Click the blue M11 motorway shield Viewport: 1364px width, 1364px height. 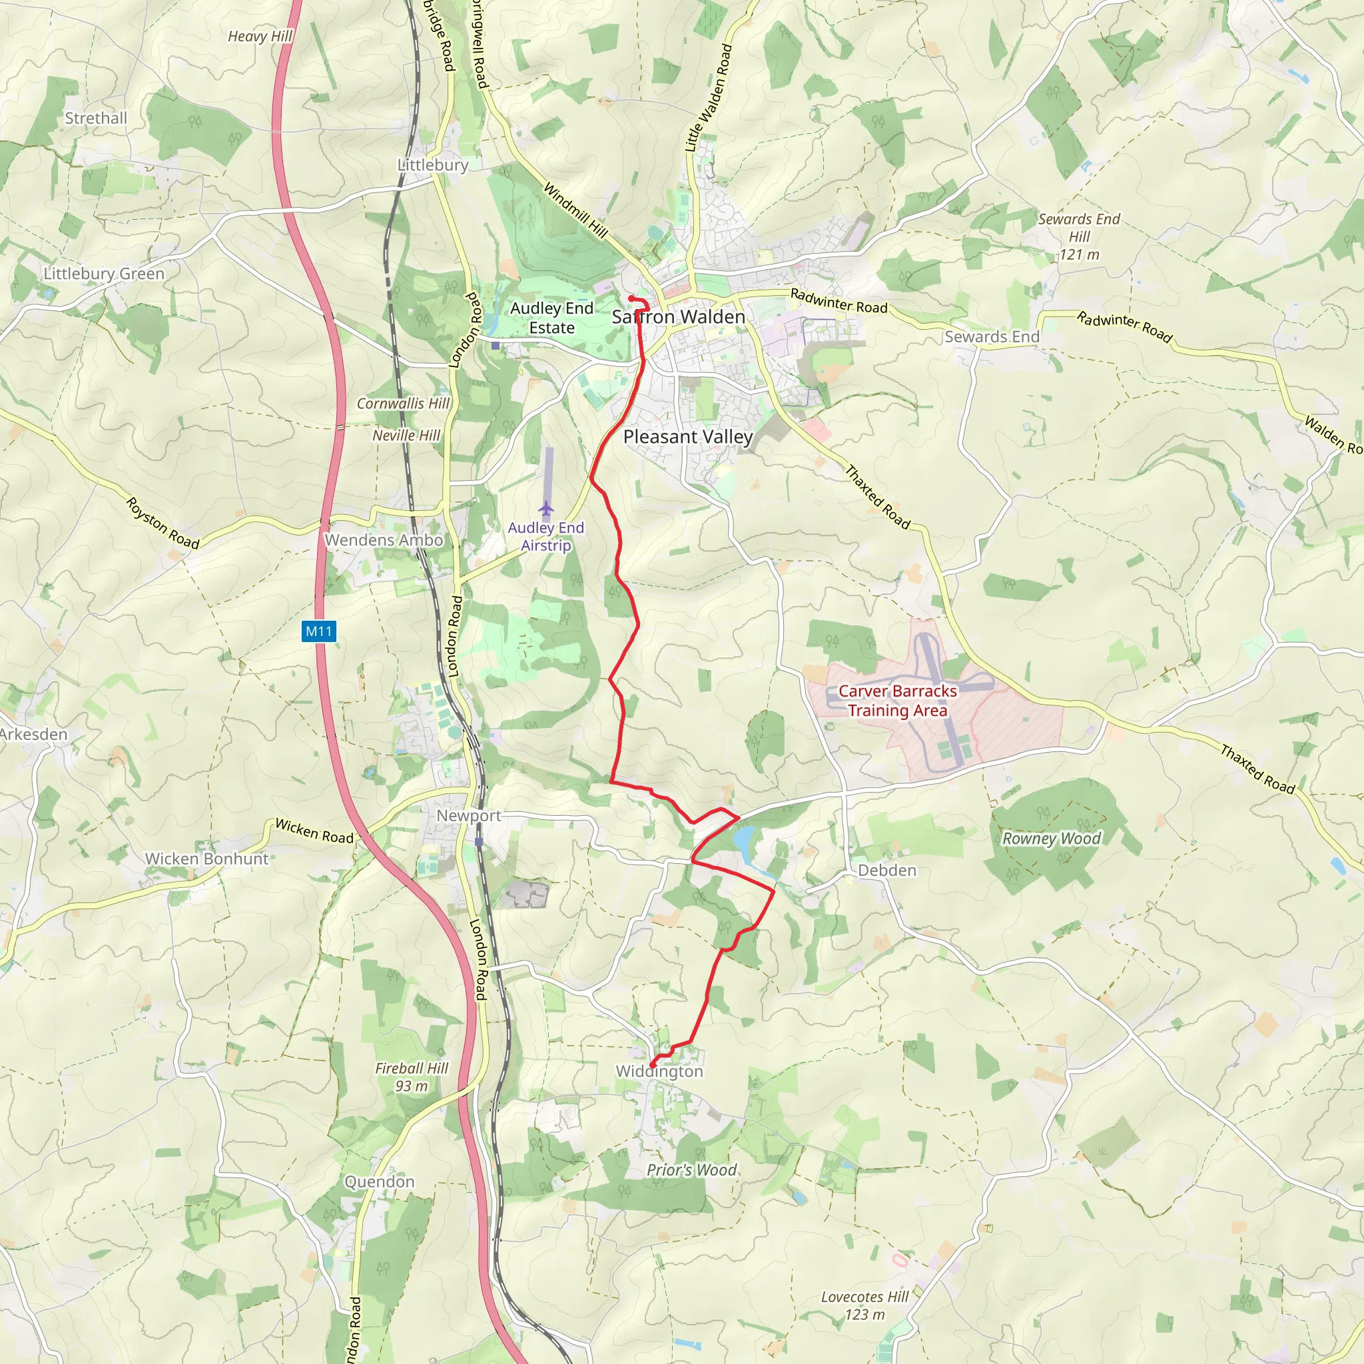click(318, 631)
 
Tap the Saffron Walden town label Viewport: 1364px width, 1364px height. click(678, 317)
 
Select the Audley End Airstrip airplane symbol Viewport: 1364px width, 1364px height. click(545, 508)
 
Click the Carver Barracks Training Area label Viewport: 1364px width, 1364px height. click(897, 701)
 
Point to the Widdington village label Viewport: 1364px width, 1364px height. click(659, 1071)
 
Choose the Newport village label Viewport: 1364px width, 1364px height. click(468, 815)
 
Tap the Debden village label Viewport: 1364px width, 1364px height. click(886, 870)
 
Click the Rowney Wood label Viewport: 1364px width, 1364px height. click(1051, 838)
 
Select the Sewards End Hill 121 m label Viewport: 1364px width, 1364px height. click(1079, 236)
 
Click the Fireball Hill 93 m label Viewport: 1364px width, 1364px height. click(412, 1077)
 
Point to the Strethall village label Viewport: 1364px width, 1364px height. click(96, 118)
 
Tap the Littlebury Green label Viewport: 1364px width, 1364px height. click(104, 273)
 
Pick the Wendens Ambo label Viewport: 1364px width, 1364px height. click(384, 539)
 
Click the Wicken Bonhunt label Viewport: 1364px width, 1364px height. click(207, 858)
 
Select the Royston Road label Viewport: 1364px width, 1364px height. click(163, 523)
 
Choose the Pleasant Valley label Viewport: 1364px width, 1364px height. click(687, 436)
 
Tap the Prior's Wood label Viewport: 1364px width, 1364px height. click(691, 1170)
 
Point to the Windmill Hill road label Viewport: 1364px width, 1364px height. click(575, 210)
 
